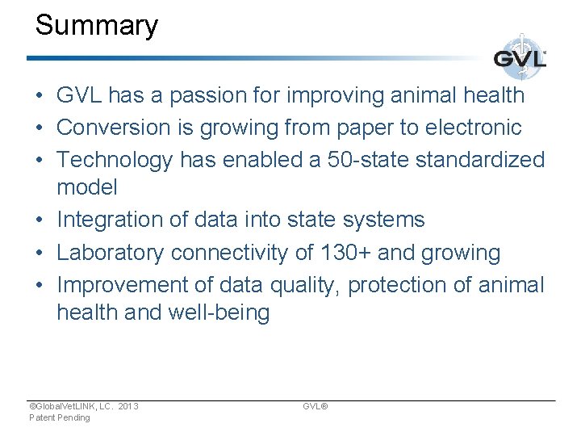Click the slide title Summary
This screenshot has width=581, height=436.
[96, 26]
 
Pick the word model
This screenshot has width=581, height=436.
[86, 187]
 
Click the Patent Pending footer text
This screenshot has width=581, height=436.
[59, 417]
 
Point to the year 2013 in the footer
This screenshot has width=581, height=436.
[127, 406]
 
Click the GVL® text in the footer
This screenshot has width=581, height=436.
[315, 406]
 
